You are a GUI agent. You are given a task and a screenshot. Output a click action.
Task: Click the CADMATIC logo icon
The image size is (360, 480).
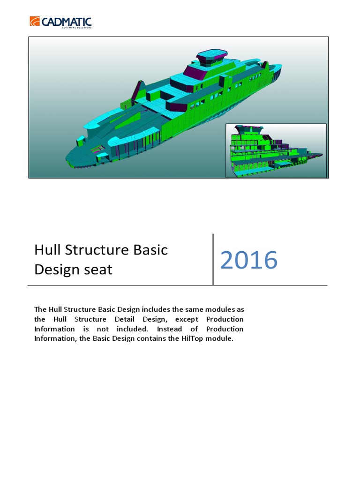tap(35, 22)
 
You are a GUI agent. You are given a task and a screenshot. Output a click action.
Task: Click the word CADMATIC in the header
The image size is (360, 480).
tap(66, 22)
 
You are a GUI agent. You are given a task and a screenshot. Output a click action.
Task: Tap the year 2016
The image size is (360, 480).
tap(248, 260)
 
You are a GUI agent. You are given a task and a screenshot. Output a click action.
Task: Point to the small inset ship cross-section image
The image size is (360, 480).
tap(276, 150)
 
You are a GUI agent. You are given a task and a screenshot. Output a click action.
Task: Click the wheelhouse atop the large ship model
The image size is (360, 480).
tap(209, 60)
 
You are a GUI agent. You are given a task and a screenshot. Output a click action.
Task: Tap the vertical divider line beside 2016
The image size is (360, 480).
tap(213, 259)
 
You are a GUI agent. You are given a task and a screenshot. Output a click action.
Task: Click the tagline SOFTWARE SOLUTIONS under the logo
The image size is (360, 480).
tap(76, 27)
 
